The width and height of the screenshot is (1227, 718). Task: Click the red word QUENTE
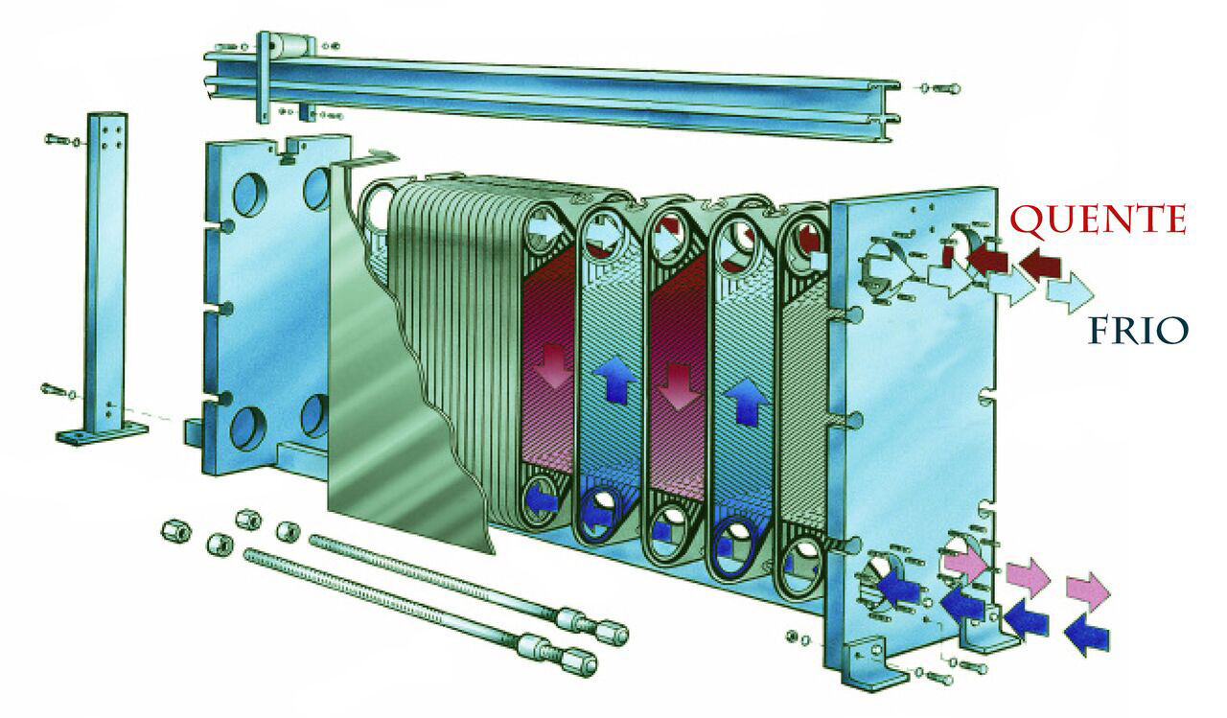point(1098,220)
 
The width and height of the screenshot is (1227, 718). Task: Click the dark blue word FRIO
point(1138,331)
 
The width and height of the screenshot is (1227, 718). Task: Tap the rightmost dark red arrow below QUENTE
point(1040,264)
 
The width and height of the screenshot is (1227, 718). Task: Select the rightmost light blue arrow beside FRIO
point(1070,292)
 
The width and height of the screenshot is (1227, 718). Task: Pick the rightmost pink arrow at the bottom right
point(1088,591)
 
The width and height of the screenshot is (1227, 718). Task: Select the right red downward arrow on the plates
point(680,386)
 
